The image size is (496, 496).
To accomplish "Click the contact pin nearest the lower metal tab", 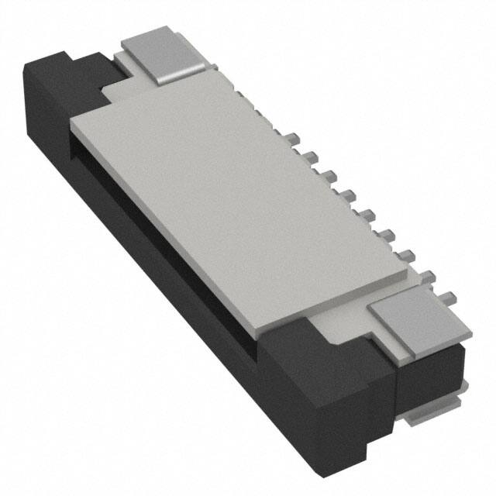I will click(x=447, y=294).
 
